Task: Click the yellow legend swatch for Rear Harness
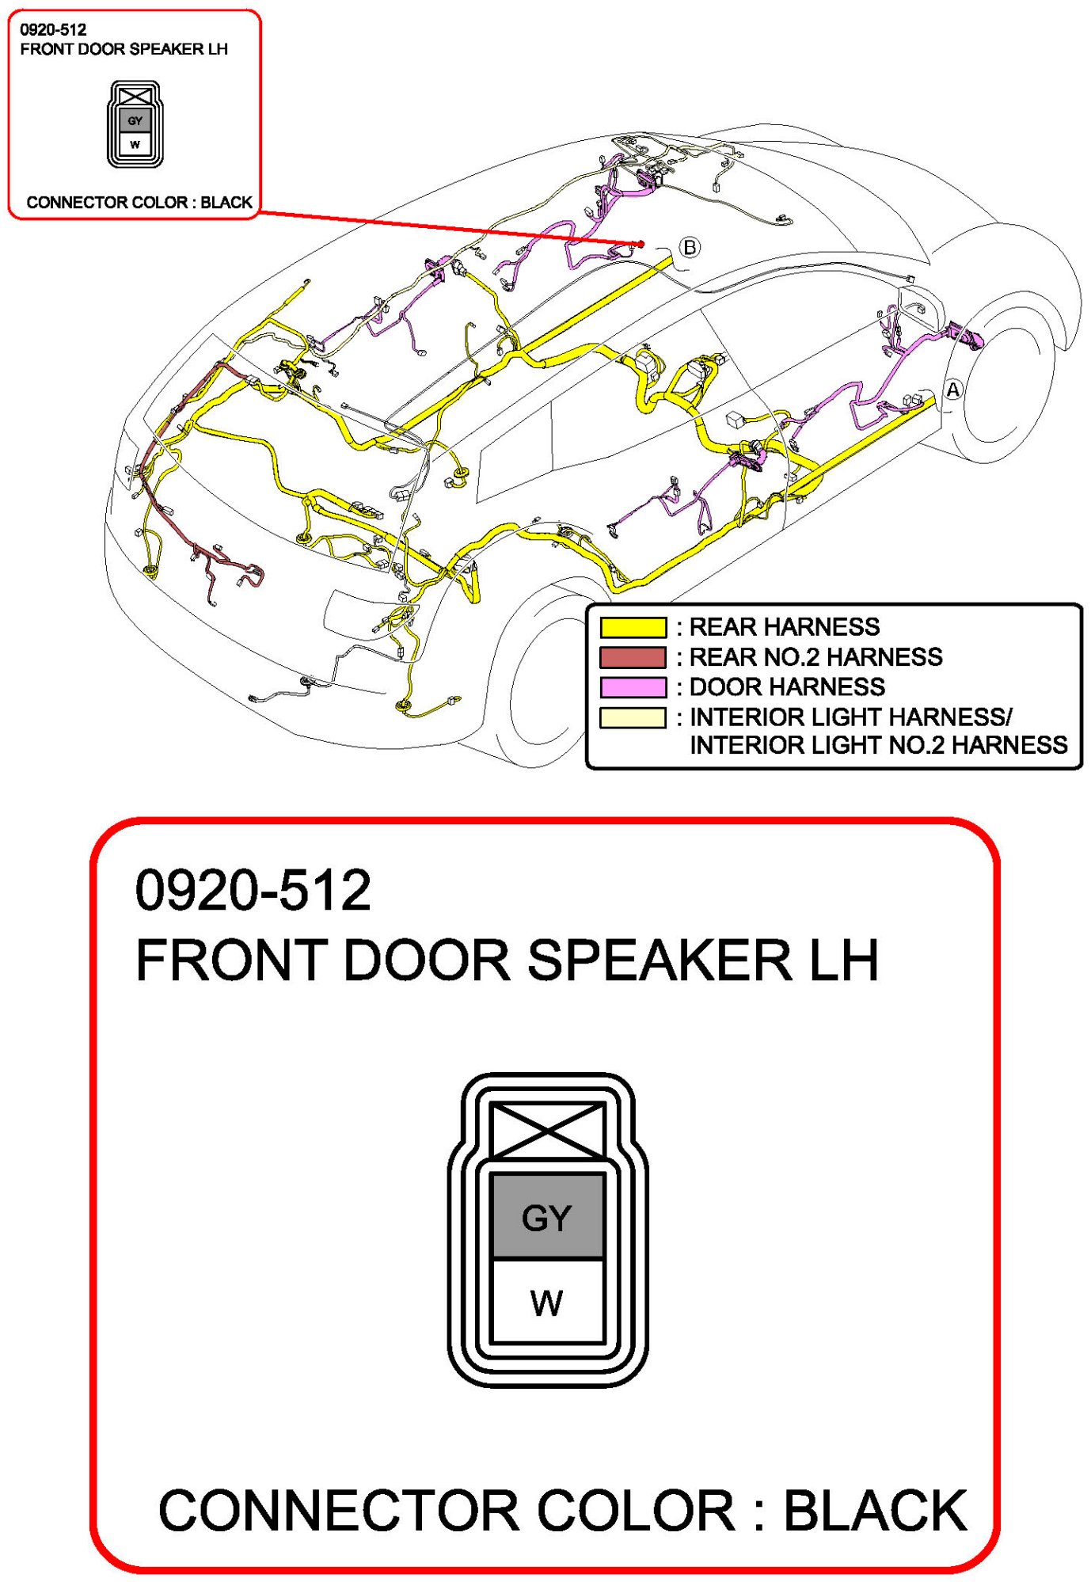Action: [633, 627]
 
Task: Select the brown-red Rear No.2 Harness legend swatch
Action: [633, 657]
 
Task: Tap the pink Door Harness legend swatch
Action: [633, 686]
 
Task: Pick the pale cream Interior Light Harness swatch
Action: [633, 717]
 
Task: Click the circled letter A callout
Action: [953, 390]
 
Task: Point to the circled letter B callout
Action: [690, 247]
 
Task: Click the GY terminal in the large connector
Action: [547, 1218]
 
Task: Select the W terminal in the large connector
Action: [547, 1302]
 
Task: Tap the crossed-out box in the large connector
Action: [547, 1131]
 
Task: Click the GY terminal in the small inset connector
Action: [135, 121]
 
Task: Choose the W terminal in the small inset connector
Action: [135, 144]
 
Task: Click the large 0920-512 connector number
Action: [253, 890]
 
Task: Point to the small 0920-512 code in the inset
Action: [53, 30]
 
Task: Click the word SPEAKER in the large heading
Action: [659, 960]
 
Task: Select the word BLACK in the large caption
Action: [875, 1511]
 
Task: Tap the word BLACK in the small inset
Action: [226, 202]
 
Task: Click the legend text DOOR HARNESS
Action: [787, 686]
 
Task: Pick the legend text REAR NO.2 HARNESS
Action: [815, 657]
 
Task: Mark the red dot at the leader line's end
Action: [641, 244]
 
